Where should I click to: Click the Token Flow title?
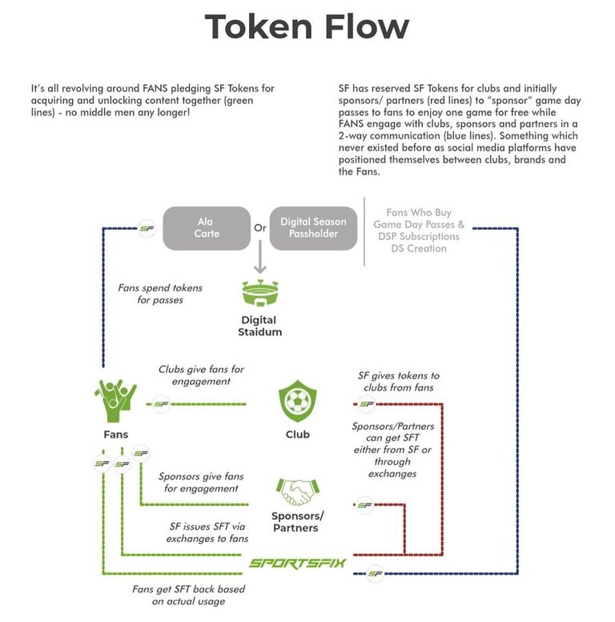pos(307,27)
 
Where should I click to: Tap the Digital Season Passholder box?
pos(314,227)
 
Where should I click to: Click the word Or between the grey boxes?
pos(259,227)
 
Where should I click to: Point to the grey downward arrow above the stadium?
pos(259,262)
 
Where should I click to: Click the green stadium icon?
pos(259,295)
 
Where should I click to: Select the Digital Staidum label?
pos(259,326)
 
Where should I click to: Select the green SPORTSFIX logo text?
pos(296,563)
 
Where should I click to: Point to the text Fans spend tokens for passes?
pos(160,293)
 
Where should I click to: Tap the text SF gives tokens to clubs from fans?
pos(398,381)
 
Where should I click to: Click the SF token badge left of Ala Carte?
pos(147,228)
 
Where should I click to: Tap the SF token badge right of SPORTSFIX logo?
pos(372,572)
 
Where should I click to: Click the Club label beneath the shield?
pos(297,435)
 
